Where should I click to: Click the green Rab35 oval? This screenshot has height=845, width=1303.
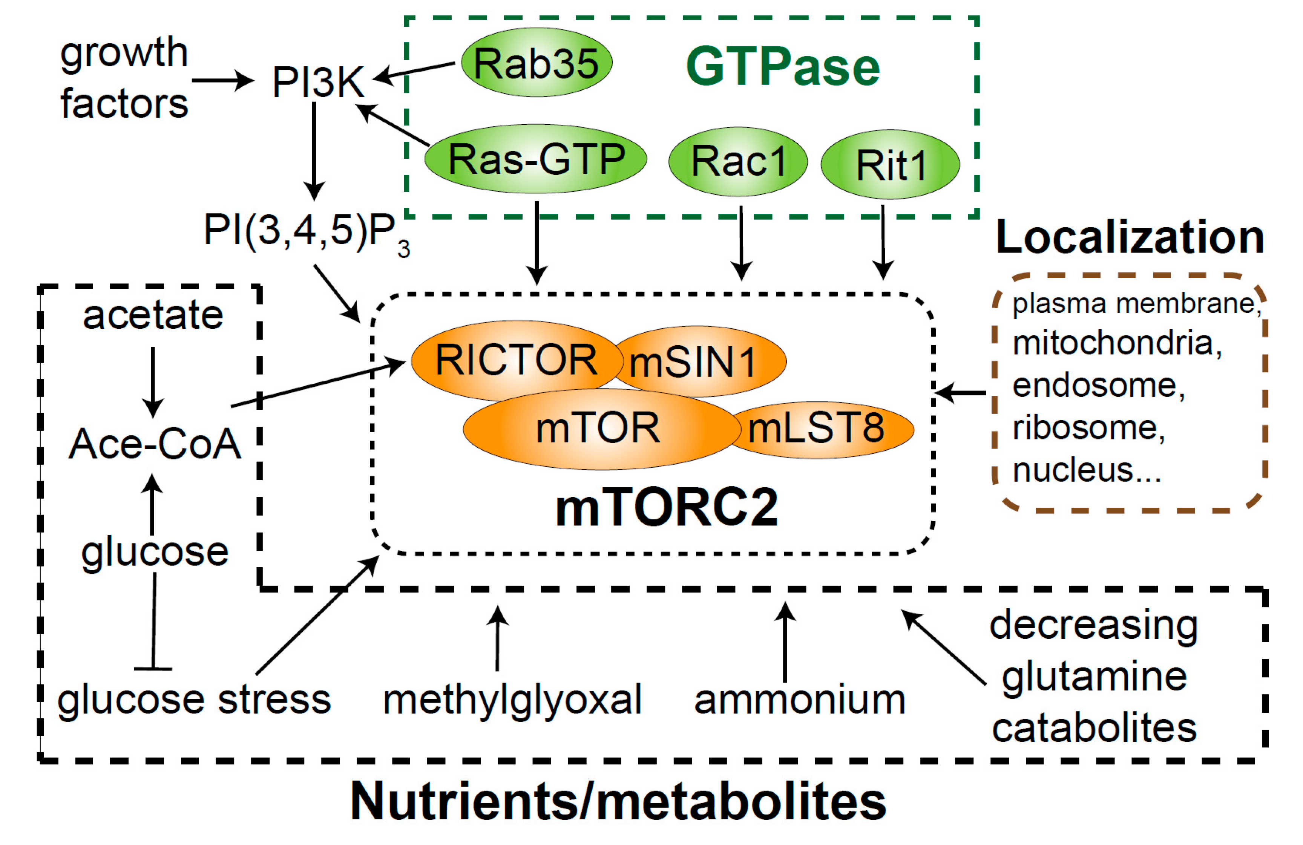[x=536, y=63]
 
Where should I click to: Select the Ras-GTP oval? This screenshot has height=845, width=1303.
[x=535, y=159]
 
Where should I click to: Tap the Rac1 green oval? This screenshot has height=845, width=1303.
[x=737, y=161]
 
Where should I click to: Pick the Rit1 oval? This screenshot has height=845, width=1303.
[x=890, y=164]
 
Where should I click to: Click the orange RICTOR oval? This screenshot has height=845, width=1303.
[x=516, y=360]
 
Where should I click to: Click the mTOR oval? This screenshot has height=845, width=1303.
[x=599, y=428]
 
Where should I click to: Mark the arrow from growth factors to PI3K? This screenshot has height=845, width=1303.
[x=222, y=81]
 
